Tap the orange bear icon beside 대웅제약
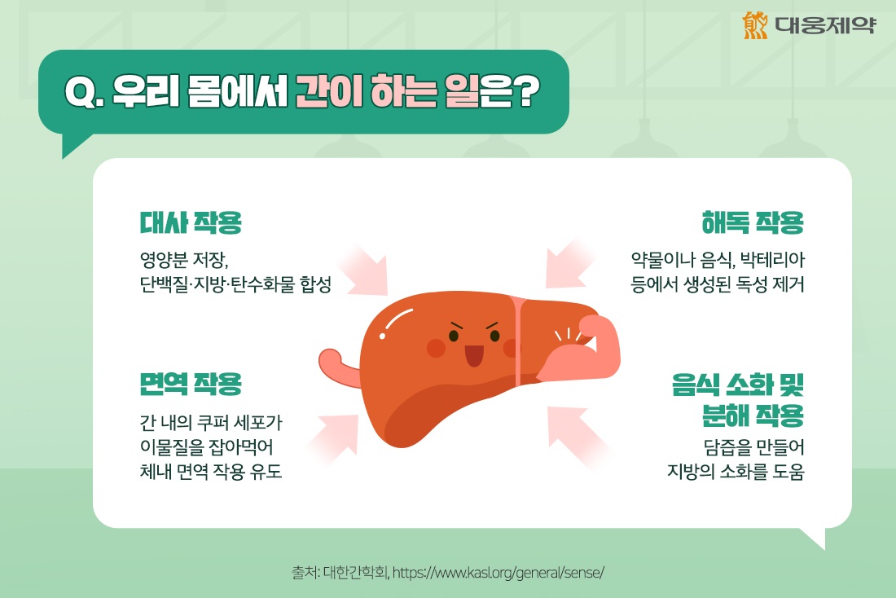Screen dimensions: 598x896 click(x=756, y=25)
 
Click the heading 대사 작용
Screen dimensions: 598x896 click(x=191, y=222)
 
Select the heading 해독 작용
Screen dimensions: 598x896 click(x=753, y=222)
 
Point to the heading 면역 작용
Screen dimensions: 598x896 click(x=191, y=383)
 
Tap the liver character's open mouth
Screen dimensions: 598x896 click(x=473, y=355)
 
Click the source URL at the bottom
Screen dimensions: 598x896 click(x=498, y=572)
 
